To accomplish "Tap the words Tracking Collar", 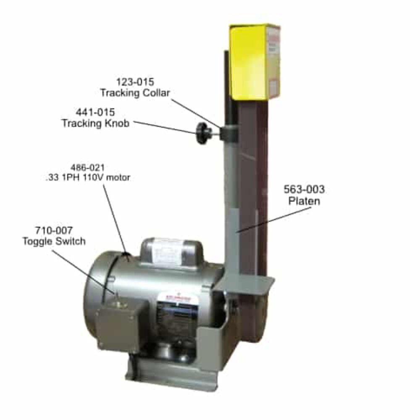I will (x=135, y=93).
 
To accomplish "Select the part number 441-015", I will (x=95, y=113).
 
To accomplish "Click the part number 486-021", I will (x=87, y=167).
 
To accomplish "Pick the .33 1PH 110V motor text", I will (x=87, y=177).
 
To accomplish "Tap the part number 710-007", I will (x=53, y=231).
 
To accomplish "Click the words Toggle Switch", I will (x=54, y=241).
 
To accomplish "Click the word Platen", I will (x=304, y=201).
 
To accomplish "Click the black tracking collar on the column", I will (x=229, y=133).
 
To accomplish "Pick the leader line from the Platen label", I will (x=269, y=220).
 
